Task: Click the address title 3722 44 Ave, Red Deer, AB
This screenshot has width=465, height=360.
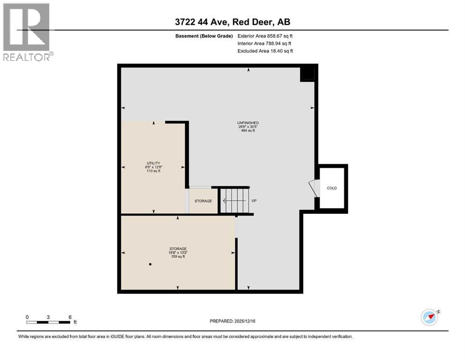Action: tap(232, 22)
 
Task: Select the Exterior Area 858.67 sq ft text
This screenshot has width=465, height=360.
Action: tap(266, 36)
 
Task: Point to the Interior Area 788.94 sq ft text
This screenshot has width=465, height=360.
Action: tap(265, 43)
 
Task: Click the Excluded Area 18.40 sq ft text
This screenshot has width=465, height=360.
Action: tap(265, 51)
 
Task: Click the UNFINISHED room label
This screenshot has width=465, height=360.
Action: tap(248, 123)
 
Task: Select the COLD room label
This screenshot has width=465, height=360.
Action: tap(332, 188)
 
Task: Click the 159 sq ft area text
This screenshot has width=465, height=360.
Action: tap(177, 256)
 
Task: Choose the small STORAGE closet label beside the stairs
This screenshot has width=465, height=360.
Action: tap(203, 201)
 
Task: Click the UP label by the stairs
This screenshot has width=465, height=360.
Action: tap(254, 201)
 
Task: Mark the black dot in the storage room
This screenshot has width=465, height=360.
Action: tap(150, 264)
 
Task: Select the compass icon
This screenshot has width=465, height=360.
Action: tap(429, 317)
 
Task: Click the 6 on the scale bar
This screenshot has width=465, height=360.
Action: tap(70, 317)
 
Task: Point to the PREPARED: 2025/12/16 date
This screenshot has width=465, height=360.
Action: tap(232, 321)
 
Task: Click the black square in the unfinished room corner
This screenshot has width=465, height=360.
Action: tap(307, 74)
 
